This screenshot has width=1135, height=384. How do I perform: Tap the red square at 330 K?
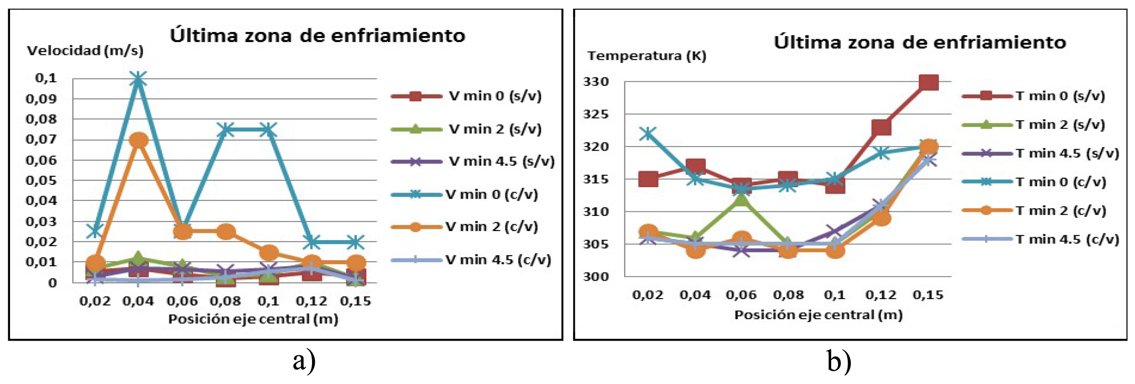click(929, 83)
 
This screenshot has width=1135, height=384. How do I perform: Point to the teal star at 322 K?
click(648, 134)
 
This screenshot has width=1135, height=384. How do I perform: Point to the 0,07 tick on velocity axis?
click(41, 139)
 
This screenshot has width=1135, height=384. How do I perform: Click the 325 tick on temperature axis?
click(596, 114)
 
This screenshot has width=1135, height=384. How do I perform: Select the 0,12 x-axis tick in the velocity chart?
click(312, 301)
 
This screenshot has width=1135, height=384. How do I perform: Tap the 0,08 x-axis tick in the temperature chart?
click(788, 295)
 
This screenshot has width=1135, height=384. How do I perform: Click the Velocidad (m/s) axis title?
click(85, 51)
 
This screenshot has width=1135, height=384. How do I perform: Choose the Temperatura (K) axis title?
click(647, 56)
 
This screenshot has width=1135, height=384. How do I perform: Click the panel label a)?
click(304, 361)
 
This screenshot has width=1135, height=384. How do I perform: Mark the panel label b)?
click(838, 361)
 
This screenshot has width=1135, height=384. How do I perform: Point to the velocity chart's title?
click(318, 36)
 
